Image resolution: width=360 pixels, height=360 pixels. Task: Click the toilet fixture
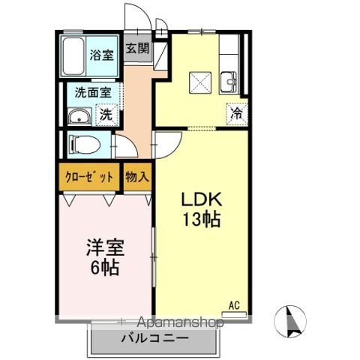[84, 143]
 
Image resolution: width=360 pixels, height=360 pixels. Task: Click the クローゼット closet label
[87, 178]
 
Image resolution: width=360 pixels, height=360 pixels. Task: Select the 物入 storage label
[138, 178]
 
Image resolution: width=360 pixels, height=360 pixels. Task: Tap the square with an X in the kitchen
[199, 79]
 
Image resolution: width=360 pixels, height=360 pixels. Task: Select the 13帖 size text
[198, 221]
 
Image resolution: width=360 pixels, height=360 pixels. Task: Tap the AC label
[234, 304]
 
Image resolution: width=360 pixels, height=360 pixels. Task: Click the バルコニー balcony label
[154, 338]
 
